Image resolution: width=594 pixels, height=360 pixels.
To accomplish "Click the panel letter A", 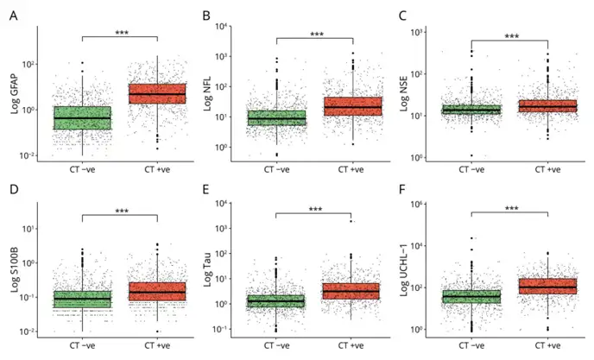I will (x=13, y=15).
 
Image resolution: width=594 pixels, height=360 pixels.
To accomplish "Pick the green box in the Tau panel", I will (x=275, y=301).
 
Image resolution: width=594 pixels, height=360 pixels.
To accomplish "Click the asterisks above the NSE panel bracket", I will (x=511, y=36).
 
